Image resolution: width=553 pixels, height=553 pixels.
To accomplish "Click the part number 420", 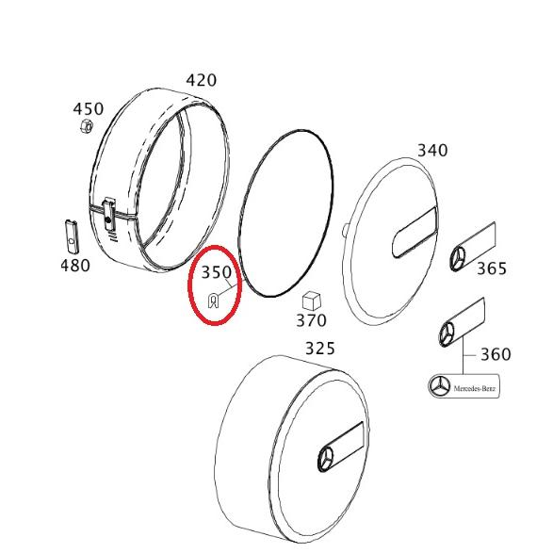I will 201,80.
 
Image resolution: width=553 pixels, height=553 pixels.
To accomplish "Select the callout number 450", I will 89,109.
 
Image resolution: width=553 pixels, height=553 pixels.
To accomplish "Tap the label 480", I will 75,266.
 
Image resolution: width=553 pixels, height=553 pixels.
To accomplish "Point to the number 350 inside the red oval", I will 217,273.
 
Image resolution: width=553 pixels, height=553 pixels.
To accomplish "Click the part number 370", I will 311,321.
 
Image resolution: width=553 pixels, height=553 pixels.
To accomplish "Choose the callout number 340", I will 432,150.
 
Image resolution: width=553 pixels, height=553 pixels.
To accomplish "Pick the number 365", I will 492,268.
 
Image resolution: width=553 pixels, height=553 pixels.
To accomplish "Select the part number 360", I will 496,354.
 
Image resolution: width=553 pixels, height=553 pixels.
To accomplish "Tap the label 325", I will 319,349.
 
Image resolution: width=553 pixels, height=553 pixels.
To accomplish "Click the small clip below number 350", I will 214,301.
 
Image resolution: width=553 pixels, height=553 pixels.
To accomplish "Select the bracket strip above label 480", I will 72,235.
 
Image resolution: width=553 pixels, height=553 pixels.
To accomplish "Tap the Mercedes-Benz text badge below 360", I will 463,387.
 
